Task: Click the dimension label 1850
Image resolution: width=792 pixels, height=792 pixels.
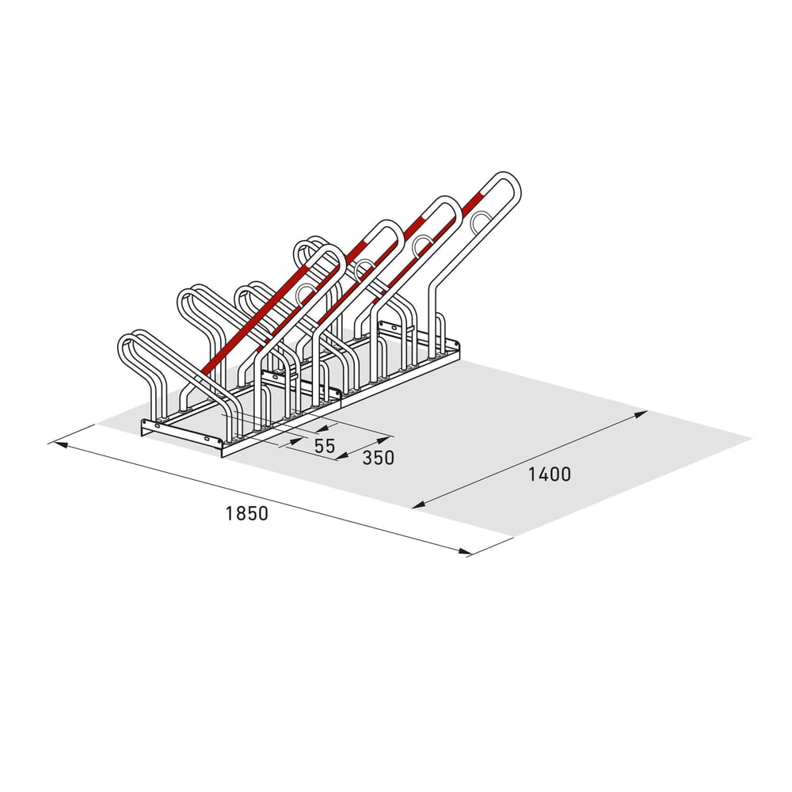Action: click(246, 514)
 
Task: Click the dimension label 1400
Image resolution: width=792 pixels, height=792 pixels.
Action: click(549, 474)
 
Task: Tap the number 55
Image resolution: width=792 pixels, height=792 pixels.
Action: click(324, 446)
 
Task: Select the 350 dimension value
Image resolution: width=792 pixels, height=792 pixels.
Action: click(378, 458)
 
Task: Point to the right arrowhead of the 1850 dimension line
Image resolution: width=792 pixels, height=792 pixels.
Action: click(463, 551)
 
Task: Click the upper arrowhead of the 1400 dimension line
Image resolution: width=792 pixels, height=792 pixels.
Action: click(641, 414)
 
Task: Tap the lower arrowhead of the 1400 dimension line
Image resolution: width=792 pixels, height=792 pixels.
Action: click(419, 504)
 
